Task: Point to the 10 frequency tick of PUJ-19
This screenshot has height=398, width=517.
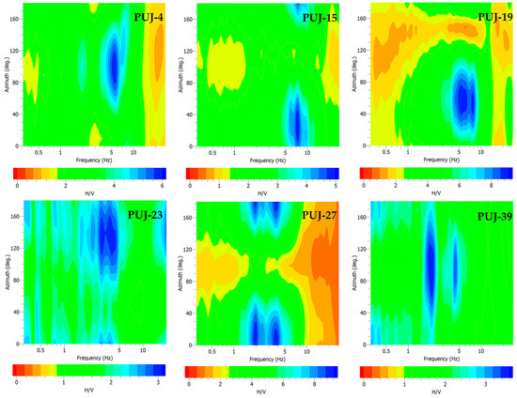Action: pos(480,152)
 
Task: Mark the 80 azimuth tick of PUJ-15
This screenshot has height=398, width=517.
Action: pos(194,83)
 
